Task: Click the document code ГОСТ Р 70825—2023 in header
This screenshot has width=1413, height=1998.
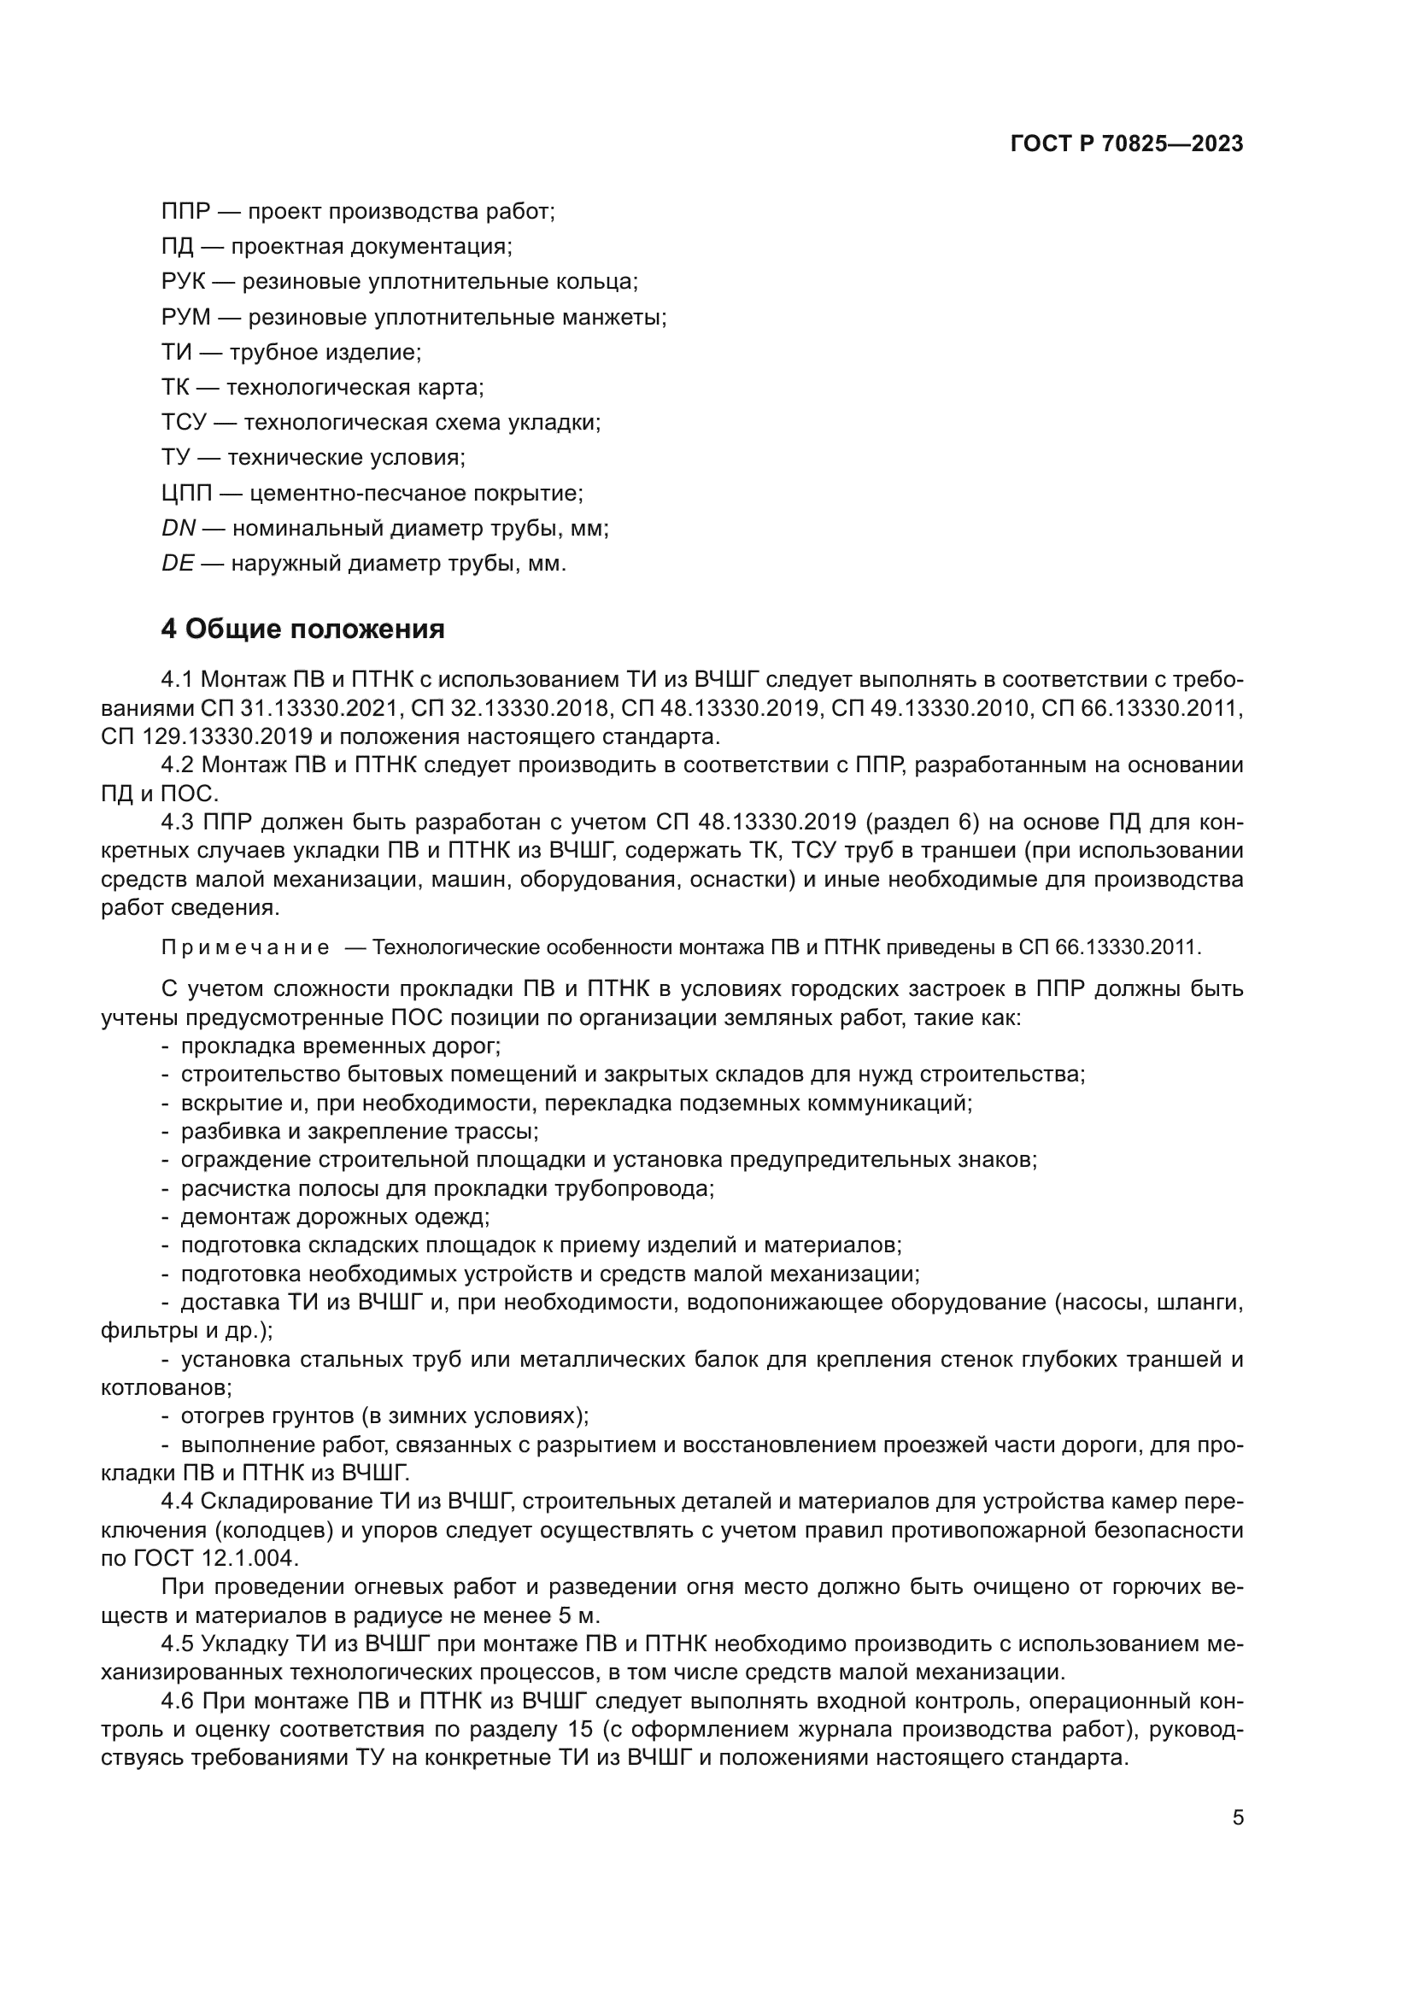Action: (1126, 144)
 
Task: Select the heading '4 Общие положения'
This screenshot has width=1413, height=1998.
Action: (302, 629)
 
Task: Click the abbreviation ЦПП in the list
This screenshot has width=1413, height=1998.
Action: (187, 494)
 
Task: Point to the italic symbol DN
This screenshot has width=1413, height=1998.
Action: (179, 528)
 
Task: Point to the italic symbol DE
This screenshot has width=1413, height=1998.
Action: (178, 564)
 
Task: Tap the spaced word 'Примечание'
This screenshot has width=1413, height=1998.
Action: (245, 947)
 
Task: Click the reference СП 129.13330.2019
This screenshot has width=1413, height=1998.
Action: (206, 736)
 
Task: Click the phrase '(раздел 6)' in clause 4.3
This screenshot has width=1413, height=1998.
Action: (928, 823)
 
